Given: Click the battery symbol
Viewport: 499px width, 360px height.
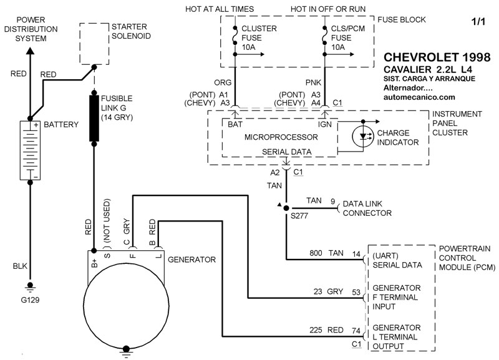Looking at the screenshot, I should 29,150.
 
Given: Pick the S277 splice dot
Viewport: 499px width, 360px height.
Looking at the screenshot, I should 286,208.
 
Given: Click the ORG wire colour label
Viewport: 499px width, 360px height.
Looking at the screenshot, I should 222,81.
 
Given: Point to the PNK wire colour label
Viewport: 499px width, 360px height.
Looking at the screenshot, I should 312,81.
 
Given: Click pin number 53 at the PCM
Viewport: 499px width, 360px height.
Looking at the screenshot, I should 356,291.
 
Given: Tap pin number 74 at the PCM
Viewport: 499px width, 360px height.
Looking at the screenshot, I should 356,330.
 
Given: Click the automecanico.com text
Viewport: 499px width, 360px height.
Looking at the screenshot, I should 420,97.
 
